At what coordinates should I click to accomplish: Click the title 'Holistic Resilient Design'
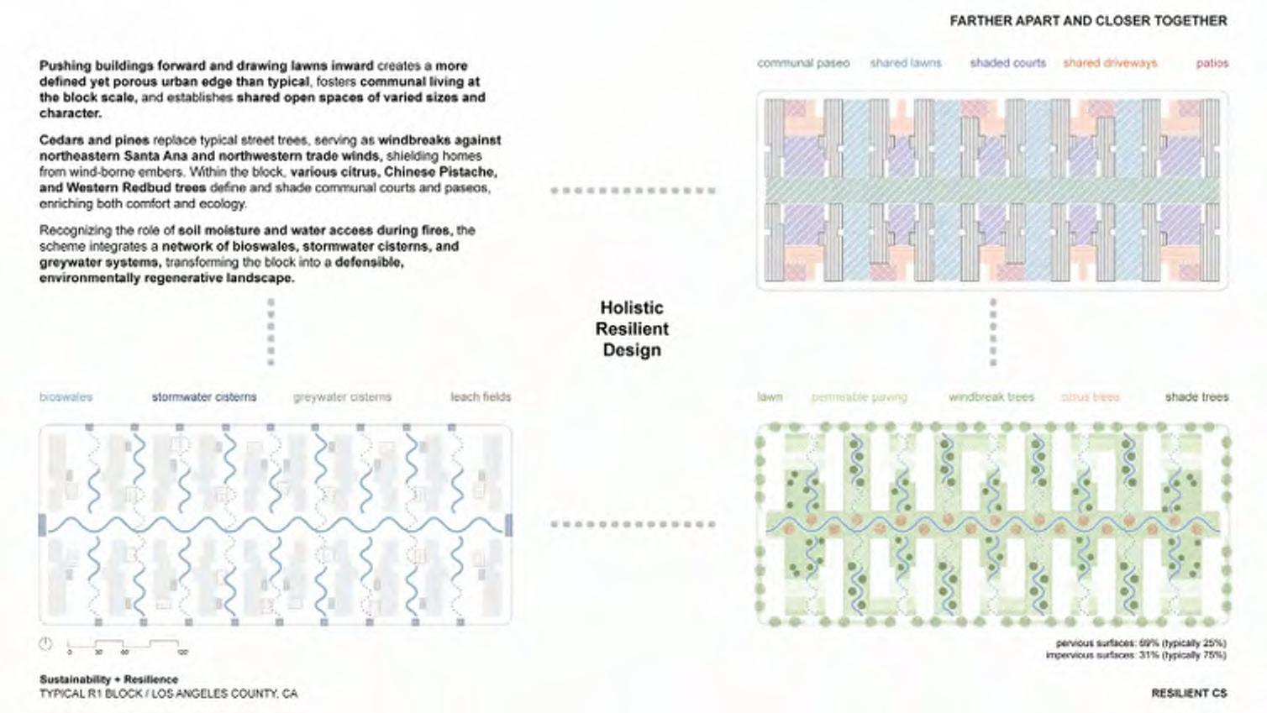pyautogui.click(x=632, y=329)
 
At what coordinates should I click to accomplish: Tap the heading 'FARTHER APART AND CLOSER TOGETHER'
pyautogui.click(x=1088, y=20)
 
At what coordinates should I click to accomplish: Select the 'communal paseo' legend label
pyautogui.click(x=803, y=63)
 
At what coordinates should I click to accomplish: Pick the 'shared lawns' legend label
pyautogui.click(x=906, y=63)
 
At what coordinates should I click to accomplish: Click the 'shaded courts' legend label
pyautogui.click(x=1007, y=63)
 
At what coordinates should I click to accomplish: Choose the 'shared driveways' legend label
pyautogui.click(x=1110, y=63)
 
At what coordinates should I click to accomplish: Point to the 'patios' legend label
pyautogui.click(x=1212, y=63)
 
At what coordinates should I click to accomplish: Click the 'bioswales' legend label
pyautogui.click(x=66, y=396)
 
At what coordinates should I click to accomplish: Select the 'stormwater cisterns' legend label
pyautogui.click(x=204, y=396)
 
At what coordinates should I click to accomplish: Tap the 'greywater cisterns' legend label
pyautogui.click(x=342, y=396)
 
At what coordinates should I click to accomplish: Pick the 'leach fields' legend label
pyautogui.click(x=480, y=396)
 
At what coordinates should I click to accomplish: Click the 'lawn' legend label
pyautogui.click(x=770, y=396)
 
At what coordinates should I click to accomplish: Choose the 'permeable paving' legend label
pyautogui.click(x=859, y=396)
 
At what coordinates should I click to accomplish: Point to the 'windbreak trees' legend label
pyautogui.click(x=991, y=396)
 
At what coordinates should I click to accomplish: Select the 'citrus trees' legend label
pyautogui.click(x=1090, y=396)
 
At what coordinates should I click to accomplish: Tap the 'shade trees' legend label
pyautogui.click(x=1196, y=396)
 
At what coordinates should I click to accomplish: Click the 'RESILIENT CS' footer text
pyautogui.click(x=1189, y=693)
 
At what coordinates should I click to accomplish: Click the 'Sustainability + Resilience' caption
pyautogui.click(x=108, y=679)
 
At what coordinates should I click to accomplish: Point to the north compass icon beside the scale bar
pyautogui.click(x=45, y=644)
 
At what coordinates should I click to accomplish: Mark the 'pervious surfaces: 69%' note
pyautogui.click(x=1140, y=643)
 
